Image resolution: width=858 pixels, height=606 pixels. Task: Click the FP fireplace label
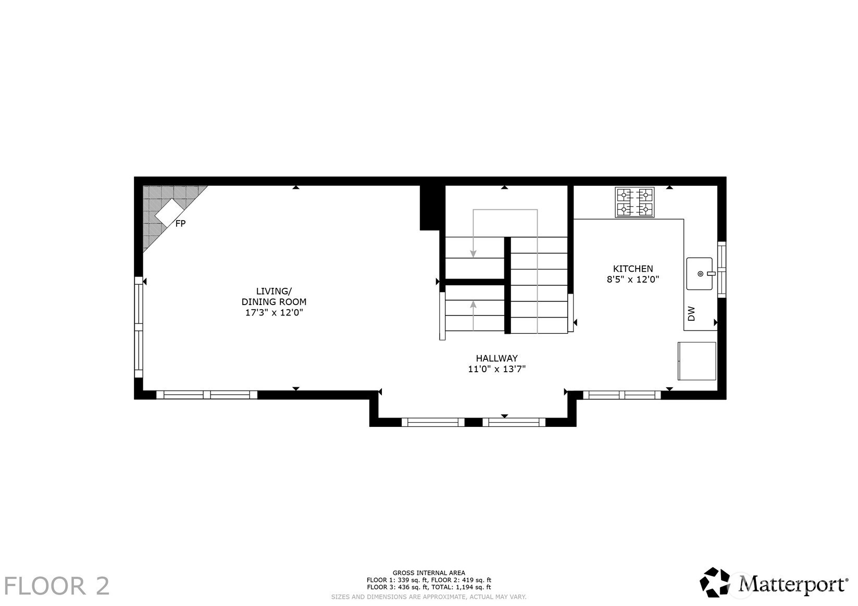coord(180,223)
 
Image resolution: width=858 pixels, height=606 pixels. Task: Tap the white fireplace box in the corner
coord(169,212)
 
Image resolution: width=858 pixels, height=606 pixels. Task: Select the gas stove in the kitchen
coord(635,202)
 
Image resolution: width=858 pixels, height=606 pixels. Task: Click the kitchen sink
coord(700,274)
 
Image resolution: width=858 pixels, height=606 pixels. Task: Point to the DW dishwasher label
coord(691,313)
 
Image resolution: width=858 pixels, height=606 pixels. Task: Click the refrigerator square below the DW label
coord(697,361)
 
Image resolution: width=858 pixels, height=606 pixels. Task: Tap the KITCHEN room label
coord(633,269)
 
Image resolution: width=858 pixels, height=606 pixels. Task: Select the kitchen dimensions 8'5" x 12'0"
coord(633,280)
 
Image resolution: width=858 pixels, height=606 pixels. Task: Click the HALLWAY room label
coord(497,358)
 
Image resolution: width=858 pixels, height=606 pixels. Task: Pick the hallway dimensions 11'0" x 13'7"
coord(497,369)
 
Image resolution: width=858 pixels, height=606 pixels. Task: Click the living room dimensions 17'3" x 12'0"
coord(274,312)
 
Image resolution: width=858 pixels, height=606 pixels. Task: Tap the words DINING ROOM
coord(274,301)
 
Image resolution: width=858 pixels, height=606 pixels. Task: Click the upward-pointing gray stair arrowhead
coord(473,305)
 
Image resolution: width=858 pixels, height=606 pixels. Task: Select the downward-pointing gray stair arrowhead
coord(473,254)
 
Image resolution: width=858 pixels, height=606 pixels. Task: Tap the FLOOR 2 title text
coord(57,586)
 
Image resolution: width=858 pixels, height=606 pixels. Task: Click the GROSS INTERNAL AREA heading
coord(429,573)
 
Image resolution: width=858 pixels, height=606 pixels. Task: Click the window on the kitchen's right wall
coord(722,270)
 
